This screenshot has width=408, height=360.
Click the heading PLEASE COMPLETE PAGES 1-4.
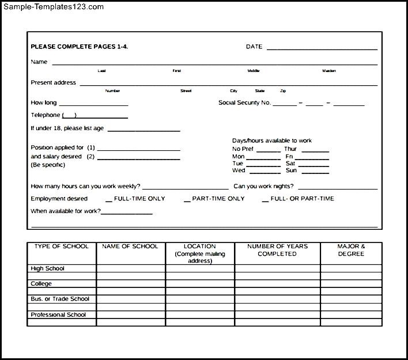click(x=79, y=47)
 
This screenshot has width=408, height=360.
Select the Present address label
click(x=53, y=82)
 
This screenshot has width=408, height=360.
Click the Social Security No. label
click(x=244, y=103)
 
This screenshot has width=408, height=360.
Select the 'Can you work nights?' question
click(x=263, y=186)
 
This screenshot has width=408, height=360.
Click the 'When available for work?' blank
click(x=127, y=213)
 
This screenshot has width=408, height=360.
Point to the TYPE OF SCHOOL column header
click(x=62, y=247)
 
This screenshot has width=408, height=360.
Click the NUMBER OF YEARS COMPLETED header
click(x=277, y=250)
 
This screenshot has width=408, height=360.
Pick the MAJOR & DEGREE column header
click(x=351, y=250)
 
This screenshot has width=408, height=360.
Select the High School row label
click(x=47, y=268)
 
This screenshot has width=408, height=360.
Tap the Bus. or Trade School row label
click(x=60, y=299)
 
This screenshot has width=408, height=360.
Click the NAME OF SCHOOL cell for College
click(x=131, y=283)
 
